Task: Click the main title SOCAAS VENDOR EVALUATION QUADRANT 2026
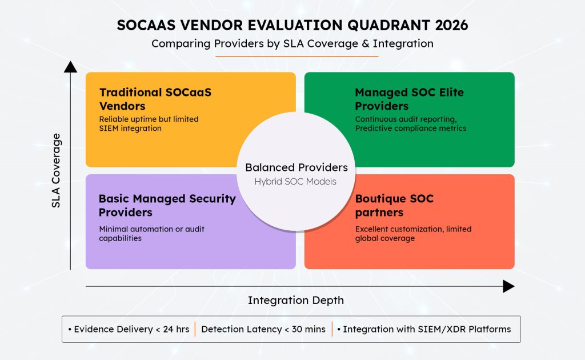click(292, 25)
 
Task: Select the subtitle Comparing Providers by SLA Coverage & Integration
click(292, 43)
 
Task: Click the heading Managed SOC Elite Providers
click(409, 99)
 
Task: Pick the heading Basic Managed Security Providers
click(167, 205)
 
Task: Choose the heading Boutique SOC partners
click(394, 206)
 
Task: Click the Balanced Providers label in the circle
click(296, 167)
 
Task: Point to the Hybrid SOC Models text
click(296, 181)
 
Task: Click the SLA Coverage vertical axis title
click(56, 170)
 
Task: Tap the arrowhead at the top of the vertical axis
click(70, 67)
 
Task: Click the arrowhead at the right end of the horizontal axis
click(508, 286)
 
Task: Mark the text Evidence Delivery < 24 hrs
click(128, 329)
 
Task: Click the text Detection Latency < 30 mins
click(263, 329)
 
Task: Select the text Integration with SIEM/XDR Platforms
click(424, 329)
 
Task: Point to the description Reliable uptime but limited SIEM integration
click(149, 124)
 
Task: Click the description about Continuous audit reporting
click(410, 124)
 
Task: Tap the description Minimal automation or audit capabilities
click(151, 233)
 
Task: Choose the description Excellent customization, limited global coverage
click(413, 233)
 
